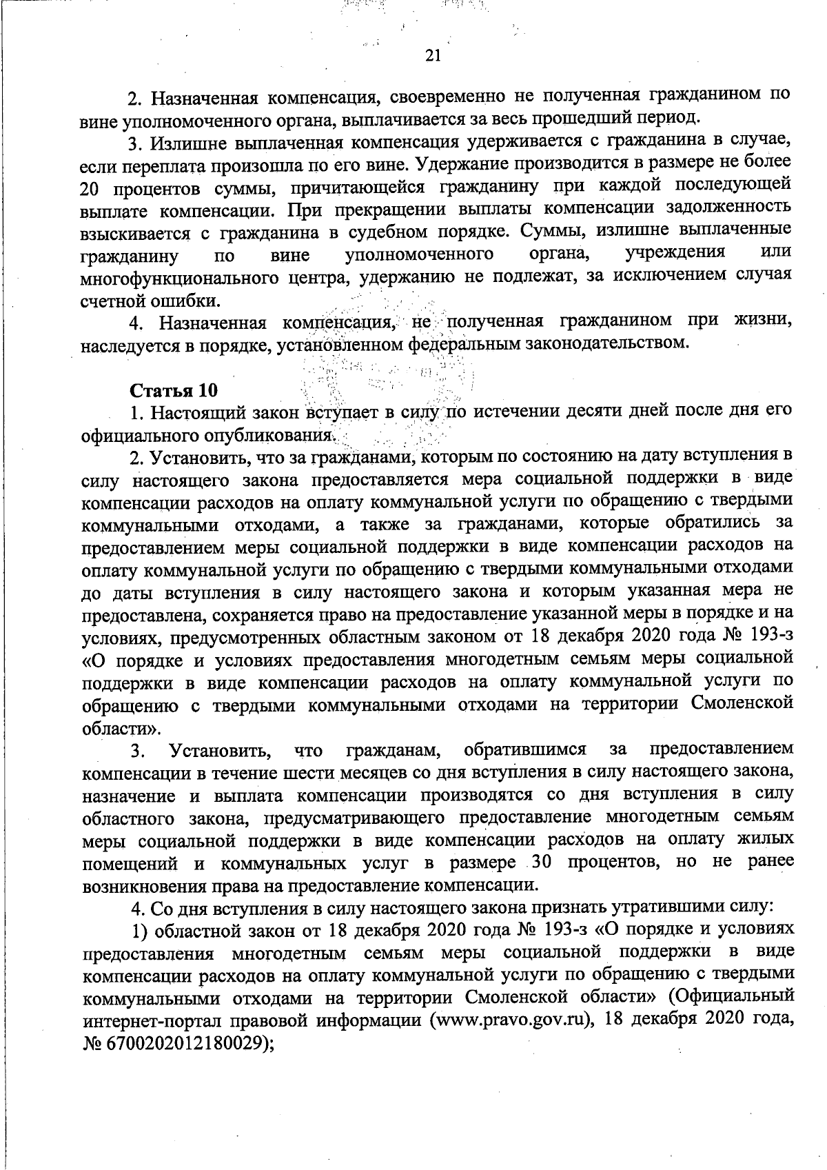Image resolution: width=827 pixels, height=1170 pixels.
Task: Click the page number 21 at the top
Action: tap(433, 57)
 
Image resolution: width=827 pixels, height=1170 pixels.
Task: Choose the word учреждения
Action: tap(674, 253)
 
